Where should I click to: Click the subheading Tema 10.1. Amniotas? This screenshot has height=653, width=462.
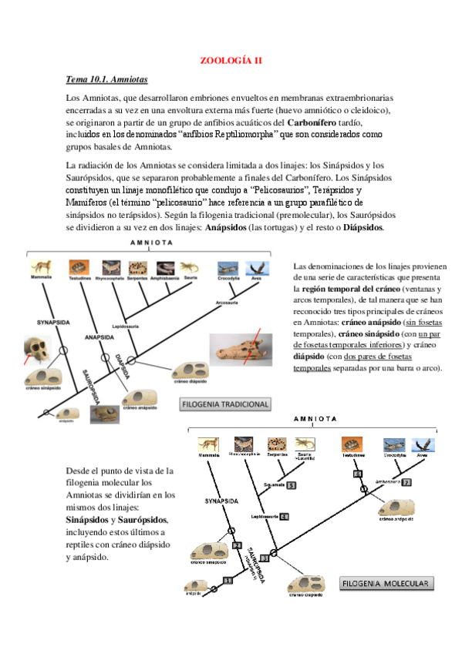106,79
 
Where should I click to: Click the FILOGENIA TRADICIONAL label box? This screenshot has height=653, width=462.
225,404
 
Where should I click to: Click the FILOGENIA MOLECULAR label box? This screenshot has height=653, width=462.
386,582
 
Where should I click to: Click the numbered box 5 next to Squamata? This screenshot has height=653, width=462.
291,485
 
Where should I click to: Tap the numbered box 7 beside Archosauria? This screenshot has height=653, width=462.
406,483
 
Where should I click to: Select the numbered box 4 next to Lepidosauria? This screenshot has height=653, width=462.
284,516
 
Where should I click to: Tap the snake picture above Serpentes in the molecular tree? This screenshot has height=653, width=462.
278,444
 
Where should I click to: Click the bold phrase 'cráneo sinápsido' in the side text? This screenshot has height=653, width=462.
366,333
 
